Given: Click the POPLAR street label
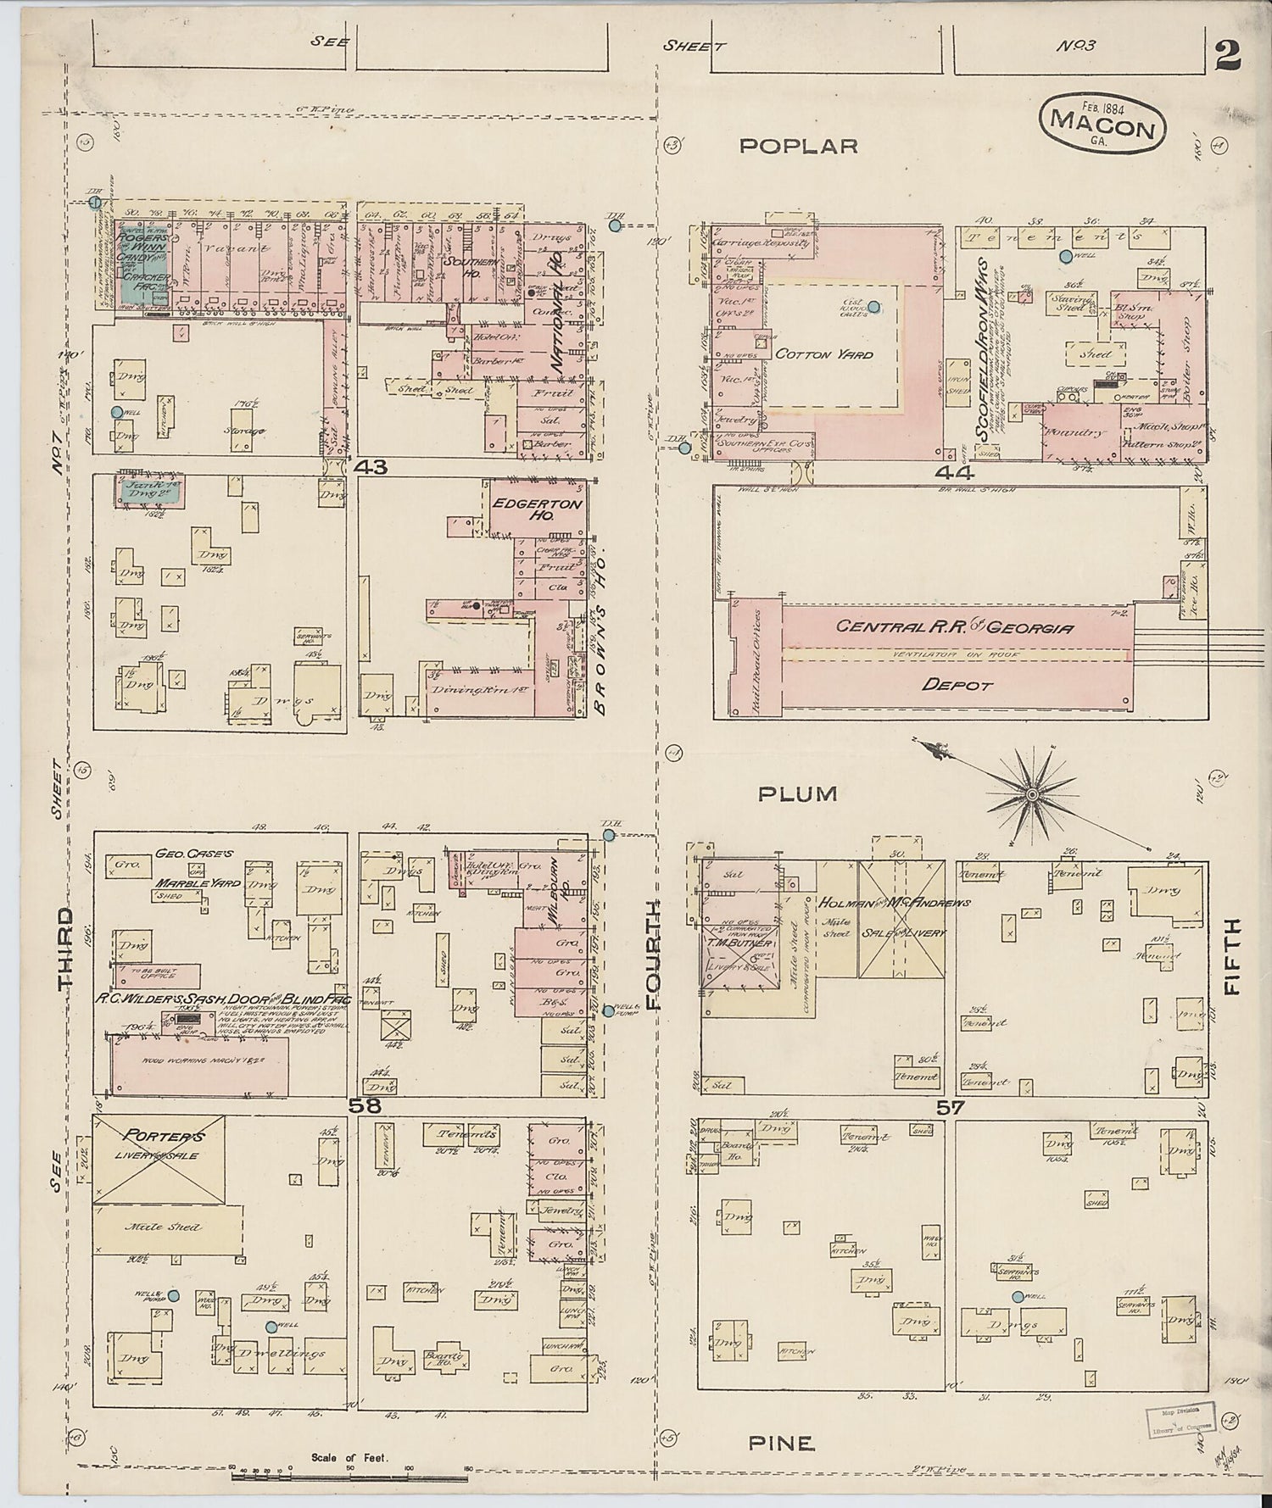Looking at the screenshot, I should click(798, 146).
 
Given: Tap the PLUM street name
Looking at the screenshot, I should click(797, 794).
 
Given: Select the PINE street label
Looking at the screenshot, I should click(781, 1442).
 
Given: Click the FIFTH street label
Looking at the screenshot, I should click(1232, 955).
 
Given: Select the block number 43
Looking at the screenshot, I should click(371, 466).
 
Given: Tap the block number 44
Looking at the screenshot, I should click(954, 471).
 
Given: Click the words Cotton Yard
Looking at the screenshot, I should click(823, 354).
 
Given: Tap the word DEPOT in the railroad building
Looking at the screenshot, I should click(956, 684).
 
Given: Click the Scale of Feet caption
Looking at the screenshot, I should click(349, 1458).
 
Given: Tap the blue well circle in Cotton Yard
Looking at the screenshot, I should click(873, 309).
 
